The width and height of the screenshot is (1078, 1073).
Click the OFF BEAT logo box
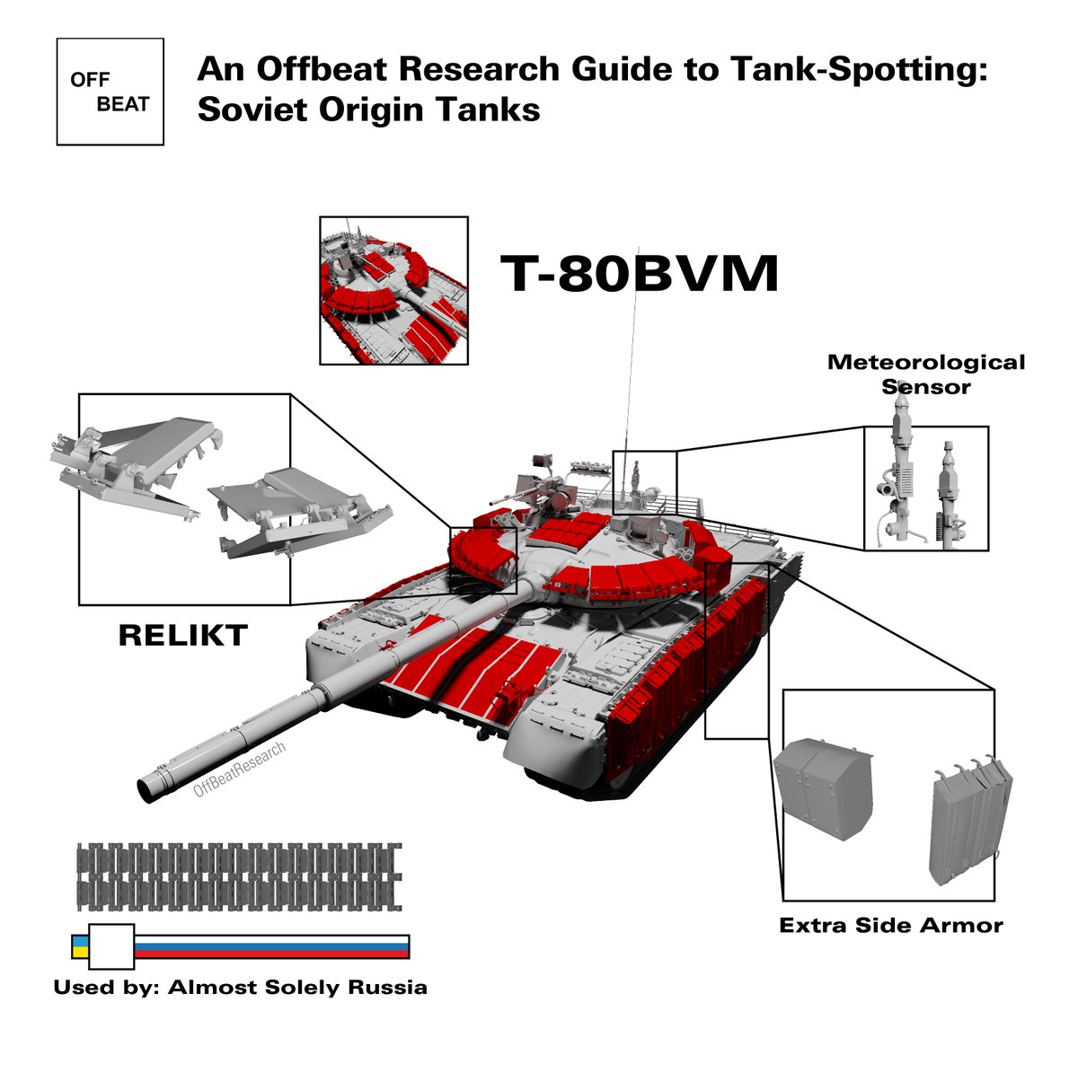pos(110,92)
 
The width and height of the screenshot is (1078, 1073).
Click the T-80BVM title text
pos(639,273)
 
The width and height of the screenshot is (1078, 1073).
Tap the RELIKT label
pos(182,636)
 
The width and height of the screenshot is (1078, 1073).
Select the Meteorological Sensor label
pos(925,374)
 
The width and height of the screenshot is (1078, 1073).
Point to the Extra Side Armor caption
pos(890,926)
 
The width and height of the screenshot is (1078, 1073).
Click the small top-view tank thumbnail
pos(393,290)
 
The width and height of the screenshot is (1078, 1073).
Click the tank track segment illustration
pos(239,874)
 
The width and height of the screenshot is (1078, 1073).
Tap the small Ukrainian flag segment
pos(79,946)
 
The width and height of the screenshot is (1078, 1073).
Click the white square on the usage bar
pos(111,946)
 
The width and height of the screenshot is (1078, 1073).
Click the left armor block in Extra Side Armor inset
pos(823,788)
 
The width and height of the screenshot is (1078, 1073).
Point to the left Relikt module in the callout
pos(135,463)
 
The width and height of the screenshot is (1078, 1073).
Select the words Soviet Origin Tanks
pos(368,110)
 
